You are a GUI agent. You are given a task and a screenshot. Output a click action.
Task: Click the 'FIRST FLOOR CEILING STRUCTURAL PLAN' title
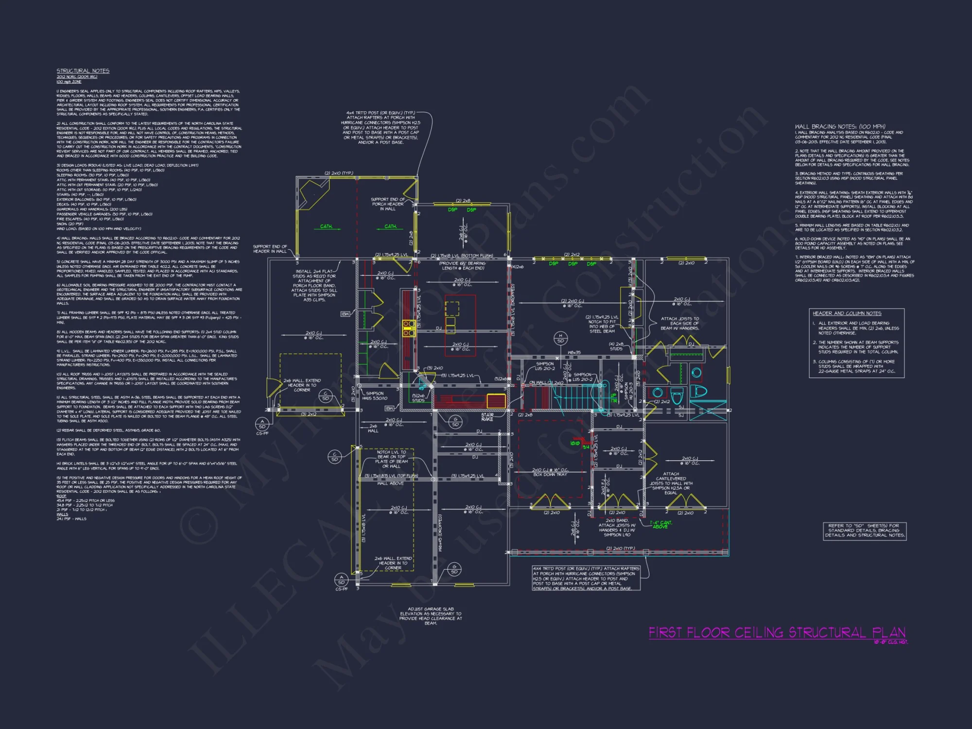click(x=777, y=633)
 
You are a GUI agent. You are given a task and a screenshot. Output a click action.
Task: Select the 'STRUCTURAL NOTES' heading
click(x=83, y=71)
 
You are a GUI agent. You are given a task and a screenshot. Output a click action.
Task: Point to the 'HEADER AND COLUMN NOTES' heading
click(x=847, y=313)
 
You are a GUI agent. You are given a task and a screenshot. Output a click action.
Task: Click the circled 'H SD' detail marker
click(x=560, y=338)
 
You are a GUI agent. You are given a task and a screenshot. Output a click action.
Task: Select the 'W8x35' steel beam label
click(x=574, y=353)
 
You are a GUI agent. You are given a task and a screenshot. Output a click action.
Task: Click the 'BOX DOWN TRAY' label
click(x=550, y=474)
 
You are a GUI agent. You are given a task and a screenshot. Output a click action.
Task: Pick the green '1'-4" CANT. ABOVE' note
click(x=661, y=524)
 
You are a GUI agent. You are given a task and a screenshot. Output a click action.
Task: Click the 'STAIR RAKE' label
click(x=487, y=417)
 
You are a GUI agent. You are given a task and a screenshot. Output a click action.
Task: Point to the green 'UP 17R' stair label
click(x=614, y=398)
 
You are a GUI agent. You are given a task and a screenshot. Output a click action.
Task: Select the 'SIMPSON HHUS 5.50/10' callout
click(x=375, y=396)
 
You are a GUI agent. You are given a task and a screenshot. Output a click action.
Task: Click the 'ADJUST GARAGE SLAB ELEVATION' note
click(x=431, y=616)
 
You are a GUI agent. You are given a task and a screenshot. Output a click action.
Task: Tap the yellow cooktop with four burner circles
click(x=408, y=329)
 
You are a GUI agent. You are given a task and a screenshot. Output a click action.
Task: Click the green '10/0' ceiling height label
click(x=574, y=443)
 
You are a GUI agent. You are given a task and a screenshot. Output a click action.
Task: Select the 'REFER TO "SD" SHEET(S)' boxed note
click(x=865, y=530)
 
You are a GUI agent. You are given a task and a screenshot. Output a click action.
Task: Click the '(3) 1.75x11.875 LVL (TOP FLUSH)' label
click(x=391, y=476)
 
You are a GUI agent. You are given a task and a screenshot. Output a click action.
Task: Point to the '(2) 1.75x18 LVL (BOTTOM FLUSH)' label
click(x=462, y=256)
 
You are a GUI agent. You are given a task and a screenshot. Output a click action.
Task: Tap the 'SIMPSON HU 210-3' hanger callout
click(x=626, y=389)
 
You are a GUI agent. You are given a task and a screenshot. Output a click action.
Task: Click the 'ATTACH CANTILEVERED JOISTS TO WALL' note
click(x=671, y=483)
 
